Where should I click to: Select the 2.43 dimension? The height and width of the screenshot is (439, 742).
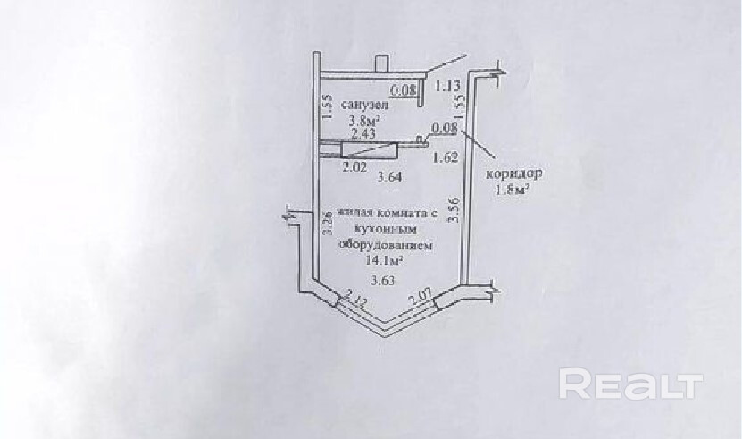(x=363, y=133)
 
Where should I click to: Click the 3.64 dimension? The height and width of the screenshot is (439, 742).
(x=388, y=177)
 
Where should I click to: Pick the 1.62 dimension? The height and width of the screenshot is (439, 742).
(x=445, y=158)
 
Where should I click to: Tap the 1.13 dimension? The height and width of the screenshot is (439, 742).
(x=446, y=87)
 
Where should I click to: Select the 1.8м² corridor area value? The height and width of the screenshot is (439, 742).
(x=513, y=190)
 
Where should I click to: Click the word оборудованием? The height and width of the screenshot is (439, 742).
(x=382, y=244)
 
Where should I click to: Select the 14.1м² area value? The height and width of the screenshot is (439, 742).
(x=384, y=260)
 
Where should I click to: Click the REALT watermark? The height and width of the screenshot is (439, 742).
(x=630, y=384)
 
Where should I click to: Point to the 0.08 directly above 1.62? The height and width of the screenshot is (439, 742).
(x=444, y=129)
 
